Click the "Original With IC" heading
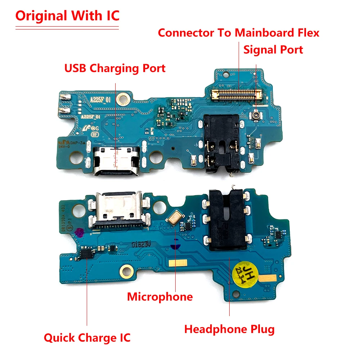point(67,16)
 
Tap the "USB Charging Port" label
point(115,68)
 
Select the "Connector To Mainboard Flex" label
point(238,33)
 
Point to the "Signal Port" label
point(273,50)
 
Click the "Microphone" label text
point(160,297)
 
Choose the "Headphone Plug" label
point(229,329)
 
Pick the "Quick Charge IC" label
point(87,338)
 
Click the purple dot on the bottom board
point(79,232)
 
